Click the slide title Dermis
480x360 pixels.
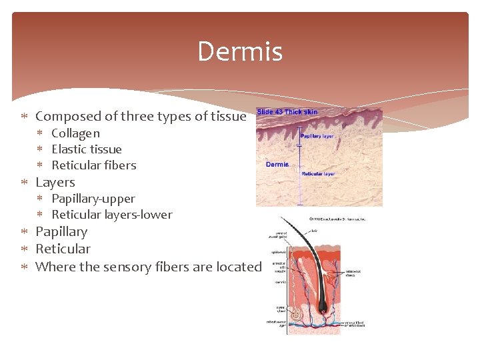[239, 52]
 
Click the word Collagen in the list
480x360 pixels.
[75, 133]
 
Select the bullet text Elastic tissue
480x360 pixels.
[86, 149]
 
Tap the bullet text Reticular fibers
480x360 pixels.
[93, 165]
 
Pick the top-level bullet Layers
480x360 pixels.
[55, 182]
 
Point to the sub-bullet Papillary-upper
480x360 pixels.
[93, 199]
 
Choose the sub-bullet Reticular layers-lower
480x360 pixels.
[111, 215]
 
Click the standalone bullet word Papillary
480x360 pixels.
[61, 231]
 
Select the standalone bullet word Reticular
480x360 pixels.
[63, 249]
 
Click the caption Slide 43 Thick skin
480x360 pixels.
[287, 111]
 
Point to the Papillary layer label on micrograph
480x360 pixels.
[317, 136]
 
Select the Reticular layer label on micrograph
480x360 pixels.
[318, 174]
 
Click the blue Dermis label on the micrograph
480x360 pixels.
[277, 164]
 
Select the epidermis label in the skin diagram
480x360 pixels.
[278, 253]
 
